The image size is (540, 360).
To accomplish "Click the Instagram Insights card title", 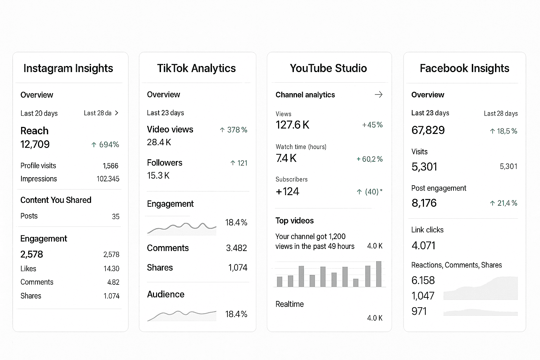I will click(x=68, y=68).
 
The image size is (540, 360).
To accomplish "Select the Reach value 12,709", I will click(x=35, y=144).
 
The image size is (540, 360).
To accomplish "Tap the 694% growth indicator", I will click(x=105, y=144).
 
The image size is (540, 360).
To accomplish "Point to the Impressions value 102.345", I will click(x=108, y=179).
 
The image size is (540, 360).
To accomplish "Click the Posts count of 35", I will click(x=116, y=217).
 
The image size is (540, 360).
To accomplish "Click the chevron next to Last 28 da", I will click(x=117, y=113).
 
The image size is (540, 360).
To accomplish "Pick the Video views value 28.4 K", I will click(x=159, y=142).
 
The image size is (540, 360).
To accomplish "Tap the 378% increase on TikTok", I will click(x=234, y=130).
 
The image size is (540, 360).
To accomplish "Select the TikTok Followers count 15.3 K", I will click(x=158, y=175).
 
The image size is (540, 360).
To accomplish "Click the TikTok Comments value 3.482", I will click(x=236, y=248).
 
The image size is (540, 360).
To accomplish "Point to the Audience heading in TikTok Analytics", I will click(x=166, y=294).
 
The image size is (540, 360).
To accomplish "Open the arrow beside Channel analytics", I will click(x=379, y=95).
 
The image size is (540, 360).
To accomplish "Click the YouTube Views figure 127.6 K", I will click(x=292, y=125).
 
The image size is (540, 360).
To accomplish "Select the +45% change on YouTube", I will click(x=372, y=125).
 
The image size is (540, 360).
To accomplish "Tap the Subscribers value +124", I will click(x=288, y=192).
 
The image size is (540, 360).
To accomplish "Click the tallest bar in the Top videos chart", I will click(x=379, y=274).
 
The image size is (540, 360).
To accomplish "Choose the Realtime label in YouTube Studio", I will click(x=290, y=304).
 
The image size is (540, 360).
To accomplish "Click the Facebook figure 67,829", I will click(x=428, y=130).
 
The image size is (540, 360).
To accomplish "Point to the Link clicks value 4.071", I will click(x=424, y=245).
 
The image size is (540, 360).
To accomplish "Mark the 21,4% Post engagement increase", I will click(x=503, y=203).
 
